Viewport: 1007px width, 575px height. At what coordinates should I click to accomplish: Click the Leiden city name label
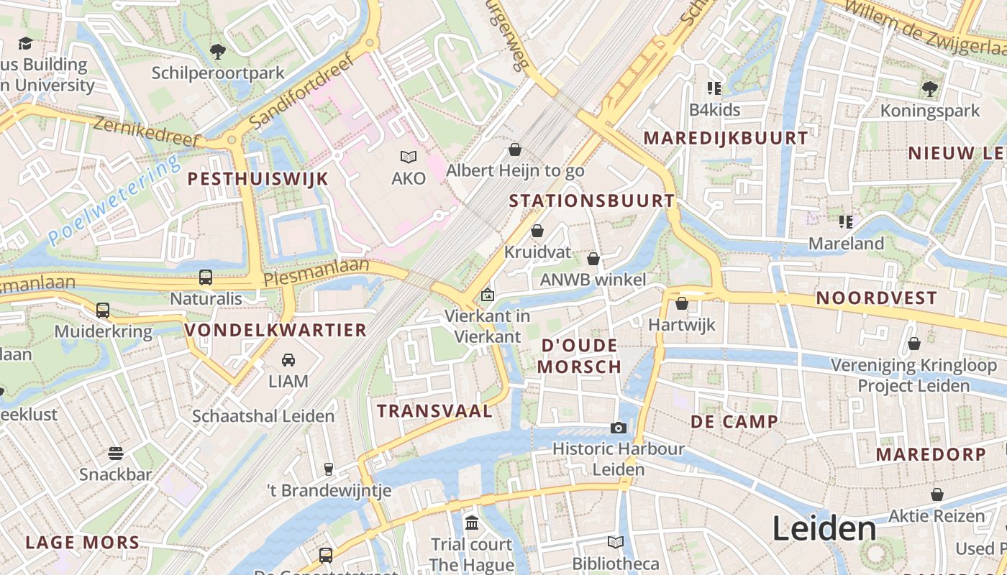coord(824,529)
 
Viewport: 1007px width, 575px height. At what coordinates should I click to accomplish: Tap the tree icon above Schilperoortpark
coord(217,52)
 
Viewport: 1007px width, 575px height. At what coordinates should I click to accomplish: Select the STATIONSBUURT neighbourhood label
coord(591,201)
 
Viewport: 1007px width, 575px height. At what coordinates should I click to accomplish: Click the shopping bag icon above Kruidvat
coord(537,231)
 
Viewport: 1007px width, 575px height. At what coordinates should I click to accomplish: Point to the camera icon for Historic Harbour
coord(618,428)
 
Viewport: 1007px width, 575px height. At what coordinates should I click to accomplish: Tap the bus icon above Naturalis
coord(206,277)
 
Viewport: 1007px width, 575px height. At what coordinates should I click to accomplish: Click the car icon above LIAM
coord(288,359)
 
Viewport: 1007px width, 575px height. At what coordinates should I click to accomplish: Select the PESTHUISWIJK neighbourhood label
coord(258,179)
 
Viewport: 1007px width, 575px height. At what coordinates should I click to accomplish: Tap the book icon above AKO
coord(409,157)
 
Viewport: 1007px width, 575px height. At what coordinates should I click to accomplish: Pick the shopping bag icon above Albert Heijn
coord(515,149)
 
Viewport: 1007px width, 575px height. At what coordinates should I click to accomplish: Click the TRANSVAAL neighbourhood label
coord(435,411)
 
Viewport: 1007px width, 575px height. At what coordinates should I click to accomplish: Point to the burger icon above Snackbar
coord(116,453)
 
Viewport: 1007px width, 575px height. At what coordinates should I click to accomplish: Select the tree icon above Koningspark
coord(930,89)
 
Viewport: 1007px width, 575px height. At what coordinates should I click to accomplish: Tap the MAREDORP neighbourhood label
coord(931,454)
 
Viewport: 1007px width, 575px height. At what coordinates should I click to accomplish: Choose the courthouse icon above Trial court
coord(472,523)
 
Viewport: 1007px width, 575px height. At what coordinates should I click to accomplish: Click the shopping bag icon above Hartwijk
coord(682,303)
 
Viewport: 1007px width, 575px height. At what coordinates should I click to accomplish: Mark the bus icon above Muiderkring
coord(103,310)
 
